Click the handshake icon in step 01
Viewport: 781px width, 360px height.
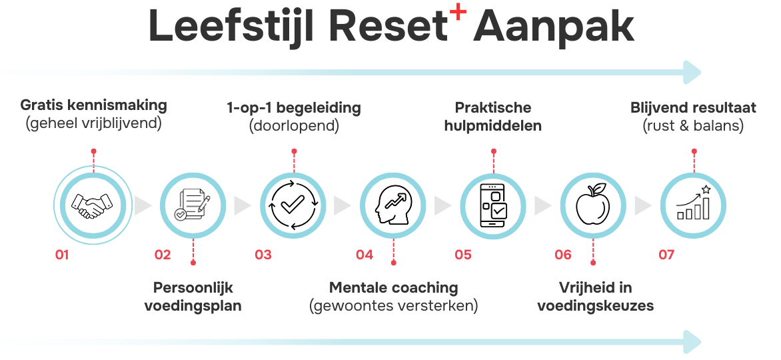pyautogui.click(x=93, y=205)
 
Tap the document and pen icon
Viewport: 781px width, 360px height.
pyautogui.click(x=193, y=205)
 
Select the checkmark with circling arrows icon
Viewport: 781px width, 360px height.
pyautogui.click(x=293, y=205)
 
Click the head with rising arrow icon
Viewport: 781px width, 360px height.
pyautogui.click(x=392, y=205)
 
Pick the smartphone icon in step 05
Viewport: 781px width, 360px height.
pyautogui.click(x=493, y=205)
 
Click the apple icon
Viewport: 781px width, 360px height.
pyautogui.click(x=593, y=205)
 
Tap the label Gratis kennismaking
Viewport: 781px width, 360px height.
pyautogui.click(x=93, y=105)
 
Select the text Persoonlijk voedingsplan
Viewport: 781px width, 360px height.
pyautogui.click(x=193, y=297)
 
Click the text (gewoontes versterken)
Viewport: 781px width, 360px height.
pyautogui.click(x=393, y=306)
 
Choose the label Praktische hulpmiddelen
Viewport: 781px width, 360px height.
pyautogui.click(x=493, y=115)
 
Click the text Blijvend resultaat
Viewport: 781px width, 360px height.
pyautogui.click(x=693, y=107)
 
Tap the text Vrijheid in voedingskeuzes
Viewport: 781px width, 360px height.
pyautogui.click(x=594, y=297)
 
